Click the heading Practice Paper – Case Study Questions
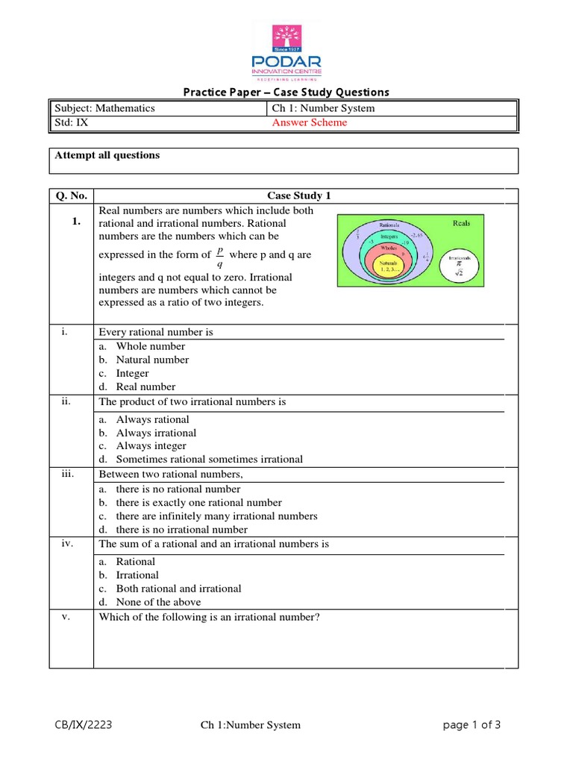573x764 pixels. click(x=286, y=93)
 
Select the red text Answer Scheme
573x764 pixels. click(x=310, y=123)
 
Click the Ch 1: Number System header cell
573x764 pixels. click(x=324, y=108)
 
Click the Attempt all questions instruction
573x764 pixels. click(x=107, y=156)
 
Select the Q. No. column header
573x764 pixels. click(x=72, y=196)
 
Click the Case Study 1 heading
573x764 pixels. click(x=298, y=196)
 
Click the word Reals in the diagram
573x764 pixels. click(x=461, y=222)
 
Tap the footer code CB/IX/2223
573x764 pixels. click(x=84, y=724)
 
